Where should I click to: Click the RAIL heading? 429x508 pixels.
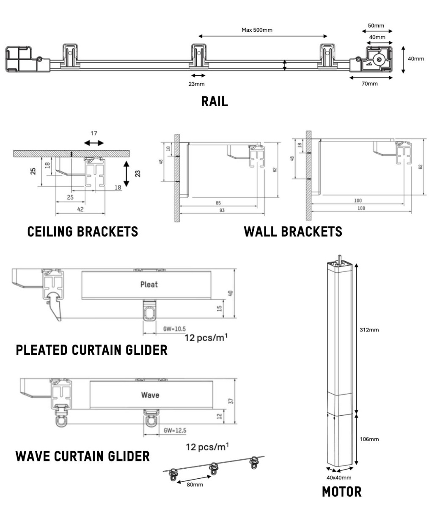(x=214, y=102)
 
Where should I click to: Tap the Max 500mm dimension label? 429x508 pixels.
(x=257, y=30)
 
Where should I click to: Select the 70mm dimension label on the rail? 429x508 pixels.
(x=369, y=83)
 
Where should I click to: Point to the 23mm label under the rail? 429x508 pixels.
(x=196, y=83)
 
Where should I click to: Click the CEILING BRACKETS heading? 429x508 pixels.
(x=82, y=232)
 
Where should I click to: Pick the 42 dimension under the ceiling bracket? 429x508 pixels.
(x=80, y=209)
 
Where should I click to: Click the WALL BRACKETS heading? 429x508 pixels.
(x=293, y=232)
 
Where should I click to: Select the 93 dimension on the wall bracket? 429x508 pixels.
(x=222, y=210)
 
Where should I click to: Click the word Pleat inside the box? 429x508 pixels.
(x=149, y=284)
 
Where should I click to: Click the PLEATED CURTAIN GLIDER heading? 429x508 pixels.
(x=91, y=351)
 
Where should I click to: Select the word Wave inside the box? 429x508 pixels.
(x=150, y=395)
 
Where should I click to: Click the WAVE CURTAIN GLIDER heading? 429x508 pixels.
(x=82, y=456)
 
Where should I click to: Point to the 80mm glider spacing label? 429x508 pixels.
(x=195, y=484)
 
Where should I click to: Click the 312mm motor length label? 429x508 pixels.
(x=369, y=330)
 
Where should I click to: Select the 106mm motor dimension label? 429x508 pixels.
(x=369, y=439)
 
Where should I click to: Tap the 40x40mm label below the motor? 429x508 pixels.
(x=339, y=478)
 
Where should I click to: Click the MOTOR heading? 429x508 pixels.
(x=342, y=492)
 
